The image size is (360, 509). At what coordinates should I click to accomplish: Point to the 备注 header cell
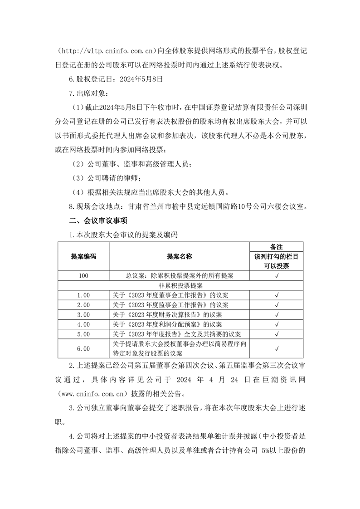click(276, 247)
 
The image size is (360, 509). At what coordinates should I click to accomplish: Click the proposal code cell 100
click(83, 275)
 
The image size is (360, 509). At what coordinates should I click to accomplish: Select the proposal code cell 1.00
click(83, 295)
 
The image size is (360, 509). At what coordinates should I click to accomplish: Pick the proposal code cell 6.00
click(83, 348)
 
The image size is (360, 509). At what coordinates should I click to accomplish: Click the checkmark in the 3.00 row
click(276, 314)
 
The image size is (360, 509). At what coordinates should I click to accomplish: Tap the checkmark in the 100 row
click(276, 275)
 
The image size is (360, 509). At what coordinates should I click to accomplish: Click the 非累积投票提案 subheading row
click(180, 285)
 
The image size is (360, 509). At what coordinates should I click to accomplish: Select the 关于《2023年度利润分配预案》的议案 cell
click(167, 324)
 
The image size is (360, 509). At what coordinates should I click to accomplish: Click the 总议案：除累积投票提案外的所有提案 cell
click(180, 275)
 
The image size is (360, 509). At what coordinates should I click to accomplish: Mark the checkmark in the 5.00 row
click(276, 334)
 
